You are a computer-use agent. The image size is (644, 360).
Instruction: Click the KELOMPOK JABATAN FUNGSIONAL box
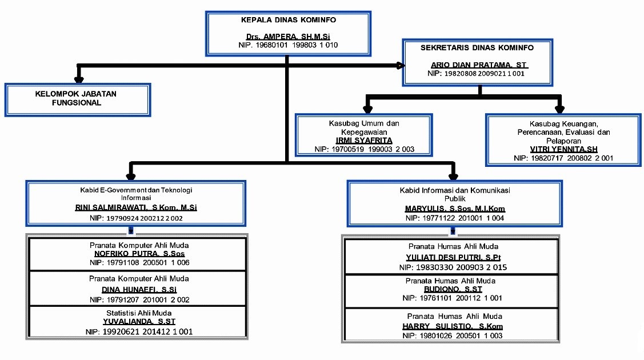pos(77,99)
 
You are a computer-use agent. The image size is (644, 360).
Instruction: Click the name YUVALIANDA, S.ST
pos(135,322)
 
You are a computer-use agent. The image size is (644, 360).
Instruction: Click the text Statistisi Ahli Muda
pos(135,314)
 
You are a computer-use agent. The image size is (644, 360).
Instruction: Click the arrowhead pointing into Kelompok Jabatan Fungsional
pos(79,78)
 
